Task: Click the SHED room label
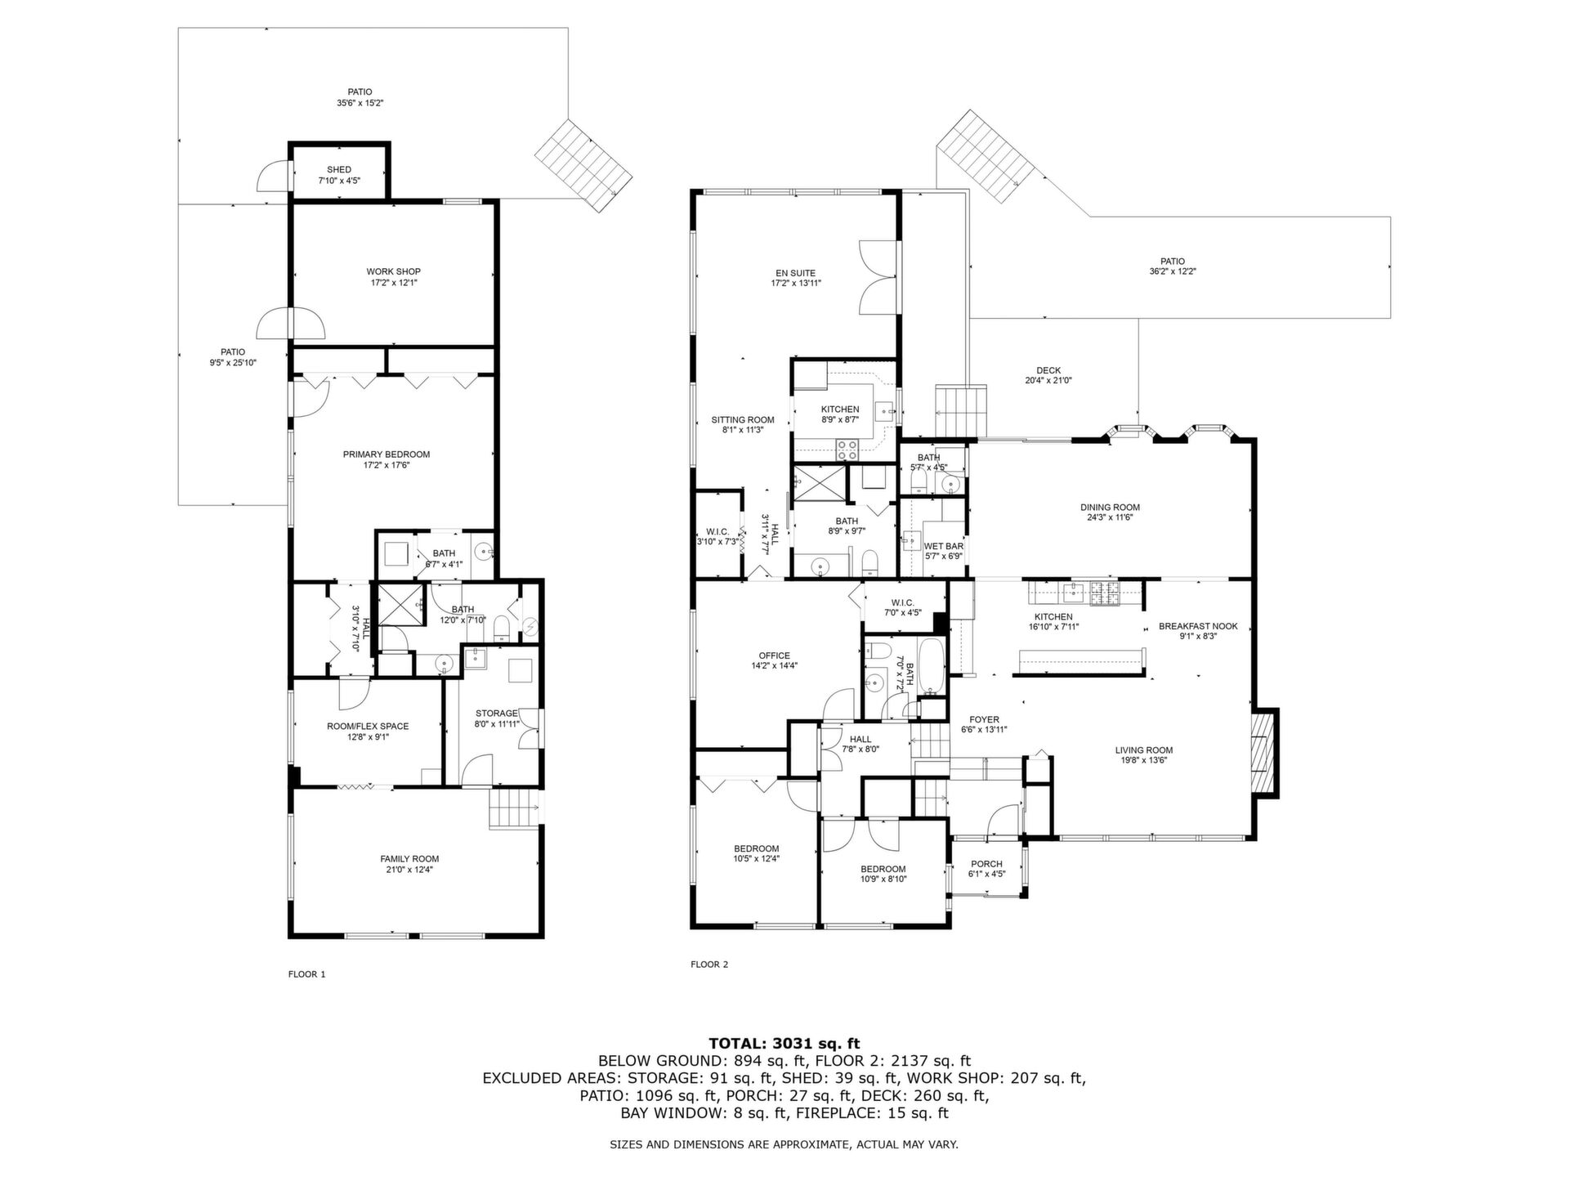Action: click(339, 170)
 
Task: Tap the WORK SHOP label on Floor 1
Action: click(393, 271)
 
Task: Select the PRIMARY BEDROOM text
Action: click(387, 454)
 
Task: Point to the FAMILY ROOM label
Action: click(409, 859)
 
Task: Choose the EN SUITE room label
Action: click(796, 273)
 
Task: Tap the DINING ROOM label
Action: click(1110, 507)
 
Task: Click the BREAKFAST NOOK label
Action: click(1198, 626)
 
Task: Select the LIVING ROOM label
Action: click(1144, 750)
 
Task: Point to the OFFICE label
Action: click(774, 655)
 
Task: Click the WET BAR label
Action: click(944, 546)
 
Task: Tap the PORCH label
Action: click(986, 864)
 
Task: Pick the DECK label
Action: click(1048, 370)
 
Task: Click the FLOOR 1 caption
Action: click(307, 974)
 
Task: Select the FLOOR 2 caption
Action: click(709, 964)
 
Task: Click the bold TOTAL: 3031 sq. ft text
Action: click(784, 1043)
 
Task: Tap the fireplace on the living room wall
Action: click(1264, 753)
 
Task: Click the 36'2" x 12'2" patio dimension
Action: click(1173, 272)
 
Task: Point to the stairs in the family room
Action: click(515, 808)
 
